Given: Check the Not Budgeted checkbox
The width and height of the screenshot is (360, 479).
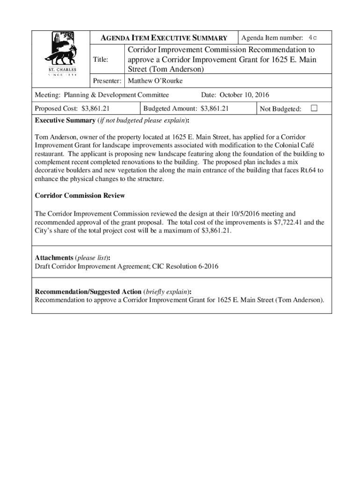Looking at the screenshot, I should click(314, 109).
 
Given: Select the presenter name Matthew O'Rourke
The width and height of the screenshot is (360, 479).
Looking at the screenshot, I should click(155, 81).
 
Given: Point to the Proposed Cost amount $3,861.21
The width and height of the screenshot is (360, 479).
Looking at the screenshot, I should click(95, 109).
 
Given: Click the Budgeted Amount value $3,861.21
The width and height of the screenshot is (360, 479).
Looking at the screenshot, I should click(214, 109).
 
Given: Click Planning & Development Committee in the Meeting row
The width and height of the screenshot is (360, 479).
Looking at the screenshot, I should click(116, 95).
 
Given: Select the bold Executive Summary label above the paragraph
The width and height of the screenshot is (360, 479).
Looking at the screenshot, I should click(65, 120).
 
